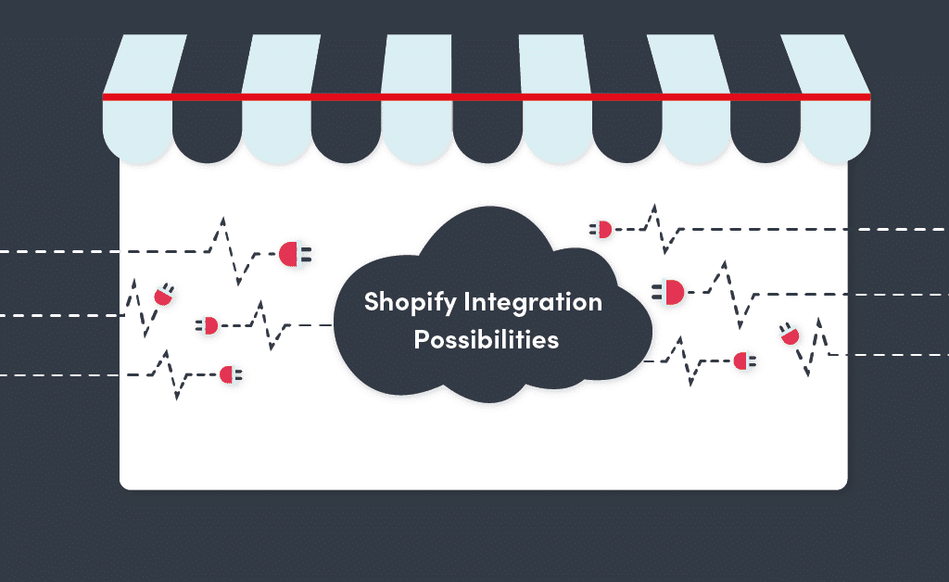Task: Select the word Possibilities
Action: tap(486, 340)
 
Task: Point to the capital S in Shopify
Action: tap(371, 303)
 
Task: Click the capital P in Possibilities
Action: tap(420, 340)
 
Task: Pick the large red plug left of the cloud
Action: tap(291, 252)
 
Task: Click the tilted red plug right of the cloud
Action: tap(790, 335)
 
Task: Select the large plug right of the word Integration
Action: tap(671, 293)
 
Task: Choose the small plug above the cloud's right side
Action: tap(603, 229)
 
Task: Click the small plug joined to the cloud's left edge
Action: tap(209, 325)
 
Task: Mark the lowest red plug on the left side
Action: tap(229, 374)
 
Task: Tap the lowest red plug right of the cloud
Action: tap(742, 361)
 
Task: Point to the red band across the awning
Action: tap(486, 96)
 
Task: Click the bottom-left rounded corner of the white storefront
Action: tap(124, 484)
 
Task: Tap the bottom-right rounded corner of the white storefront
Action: tap(841, 484)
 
